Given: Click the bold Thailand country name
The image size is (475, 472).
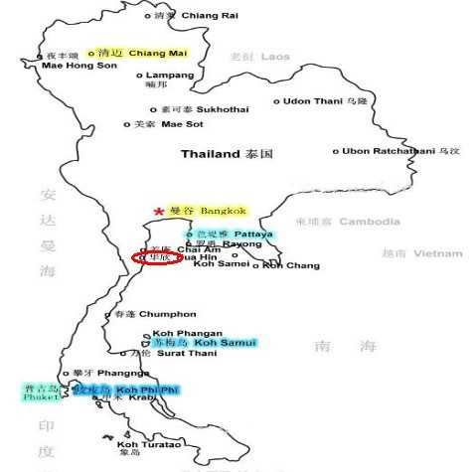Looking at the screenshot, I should pos(211,154).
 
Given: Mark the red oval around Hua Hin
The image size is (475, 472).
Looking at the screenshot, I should pos(157,257).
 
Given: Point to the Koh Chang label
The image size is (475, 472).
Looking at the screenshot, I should pos(286,265).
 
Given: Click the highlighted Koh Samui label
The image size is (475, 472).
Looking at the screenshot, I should pos(225,343).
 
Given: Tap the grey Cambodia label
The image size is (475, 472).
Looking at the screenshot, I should pos(369,222).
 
